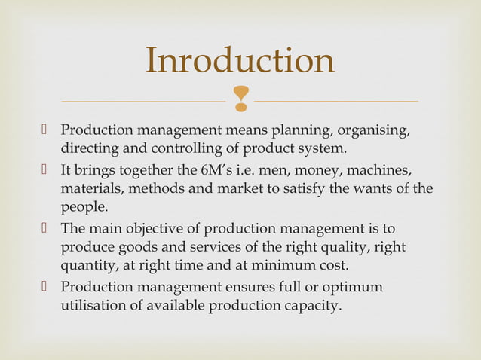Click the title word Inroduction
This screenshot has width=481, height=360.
[240, 61]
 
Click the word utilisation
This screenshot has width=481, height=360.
[93, 307]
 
